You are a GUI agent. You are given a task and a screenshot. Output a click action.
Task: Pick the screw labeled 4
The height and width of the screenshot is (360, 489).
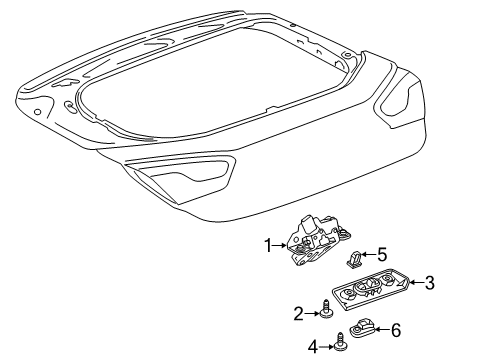pos(340,344)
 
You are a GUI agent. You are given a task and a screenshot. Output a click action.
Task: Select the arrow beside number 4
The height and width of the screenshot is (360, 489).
pos(327,348)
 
